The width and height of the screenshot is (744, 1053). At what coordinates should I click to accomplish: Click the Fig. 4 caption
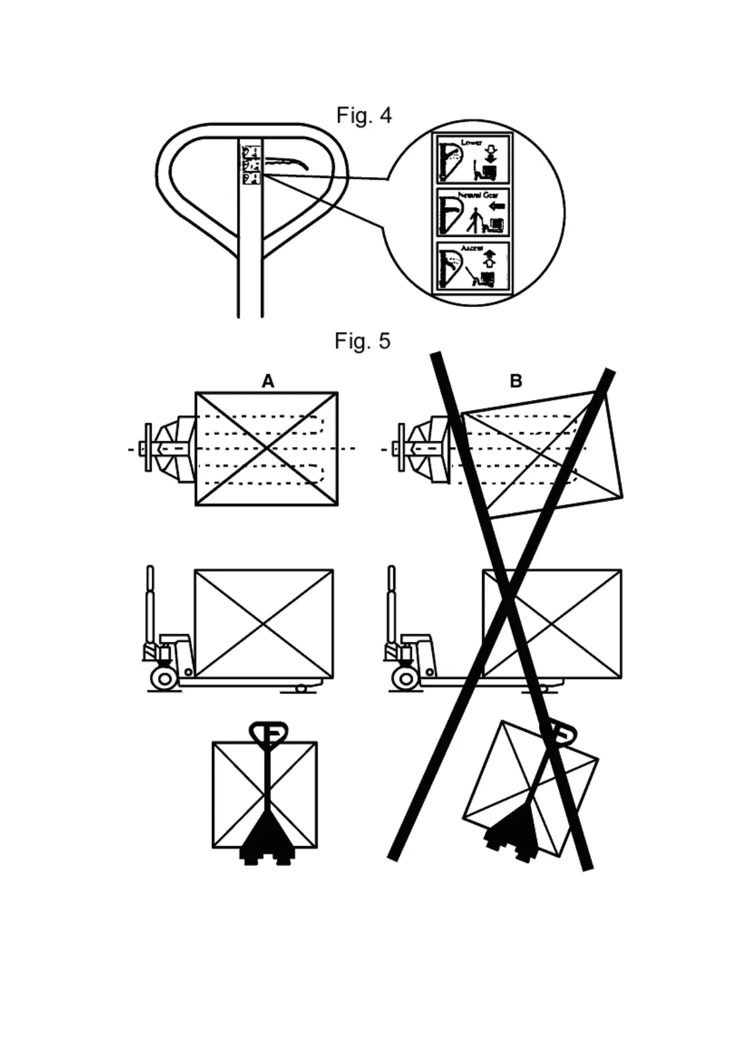pos(364,116)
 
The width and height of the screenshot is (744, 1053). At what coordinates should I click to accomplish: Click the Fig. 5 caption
pos(362,341)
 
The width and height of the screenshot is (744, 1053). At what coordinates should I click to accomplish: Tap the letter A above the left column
pos(268,381)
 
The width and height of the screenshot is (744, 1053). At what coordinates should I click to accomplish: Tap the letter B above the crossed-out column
pos(516,381)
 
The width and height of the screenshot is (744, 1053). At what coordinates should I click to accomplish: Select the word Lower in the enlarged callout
pos(471,143)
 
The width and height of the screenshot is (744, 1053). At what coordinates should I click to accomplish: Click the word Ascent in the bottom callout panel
pos(472,248)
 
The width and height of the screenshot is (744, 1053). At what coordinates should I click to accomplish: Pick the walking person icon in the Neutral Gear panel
pos(476,219)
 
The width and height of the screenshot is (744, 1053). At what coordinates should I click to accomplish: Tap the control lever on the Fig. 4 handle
pos(287,162)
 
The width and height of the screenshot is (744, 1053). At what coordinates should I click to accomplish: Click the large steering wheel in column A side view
pos(164,677)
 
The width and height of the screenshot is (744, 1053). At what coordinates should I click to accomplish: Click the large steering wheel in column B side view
pos(405,677)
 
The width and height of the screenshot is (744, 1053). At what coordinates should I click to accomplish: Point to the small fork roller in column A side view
pos(301,688)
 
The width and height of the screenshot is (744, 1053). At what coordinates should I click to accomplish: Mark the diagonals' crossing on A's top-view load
pos(267,448)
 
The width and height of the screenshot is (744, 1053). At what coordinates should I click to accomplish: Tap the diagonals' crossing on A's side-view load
pos(263,623)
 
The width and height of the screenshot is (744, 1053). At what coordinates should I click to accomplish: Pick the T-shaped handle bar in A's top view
pos(148,448)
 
